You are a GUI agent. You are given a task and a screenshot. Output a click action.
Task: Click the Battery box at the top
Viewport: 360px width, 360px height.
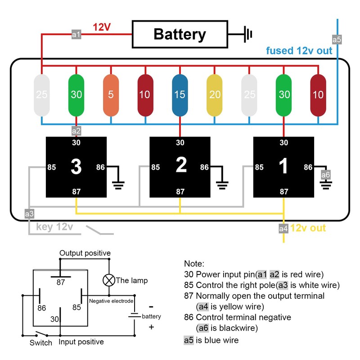click(x=180, y=34)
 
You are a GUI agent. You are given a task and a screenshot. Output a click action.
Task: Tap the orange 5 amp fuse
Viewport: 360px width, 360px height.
click(x=111, y=95)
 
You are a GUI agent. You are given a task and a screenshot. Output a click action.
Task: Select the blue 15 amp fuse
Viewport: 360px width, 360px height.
click(x=180, y=95)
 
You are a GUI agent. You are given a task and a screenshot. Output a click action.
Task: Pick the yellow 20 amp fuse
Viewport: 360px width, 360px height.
click(x=214, y=95)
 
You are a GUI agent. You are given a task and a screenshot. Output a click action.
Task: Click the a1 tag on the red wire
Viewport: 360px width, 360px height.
click(x=76, y=34)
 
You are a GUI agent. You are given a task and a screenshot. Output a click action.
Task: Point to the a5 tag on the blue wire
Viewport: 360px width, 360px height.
click(x=337, y=40)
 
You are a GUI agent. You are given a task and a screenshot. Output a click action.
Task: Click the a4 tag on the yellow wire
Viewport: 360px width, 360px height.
click(x=283, y=229)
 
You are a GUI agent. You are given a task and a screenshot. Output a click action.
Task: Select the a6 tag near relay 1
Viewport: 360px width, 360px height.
click(x=325, y=175)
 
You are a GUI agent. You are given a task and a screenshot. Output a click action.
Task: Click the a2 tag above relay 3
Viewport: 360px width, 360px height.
click(x=76, y=131)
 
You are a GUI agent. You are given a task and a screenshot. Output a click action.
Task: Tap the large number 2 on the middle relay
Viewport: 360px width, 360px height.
click(x=180, y=166)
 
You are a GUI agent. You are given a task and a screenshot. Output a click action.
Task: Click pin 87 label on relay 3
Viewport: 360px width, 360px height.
click(x=76, y=192)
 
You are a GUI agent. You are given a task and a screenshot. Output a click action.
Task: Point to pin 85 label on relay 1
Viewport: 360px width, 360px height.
click(x=259, y=167)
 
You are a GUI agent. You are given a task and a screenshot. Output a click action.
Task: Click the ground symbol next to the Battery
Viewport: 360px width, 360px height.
click(x=247, y=34)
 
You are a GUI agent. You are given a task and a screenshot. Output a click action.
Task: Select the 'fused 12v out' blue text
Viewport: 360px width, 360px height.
click(x=299, y=50)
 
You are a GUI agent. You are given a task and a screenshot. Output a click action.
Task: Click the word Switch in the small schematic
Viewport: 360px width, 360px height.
click(x=41, y=342)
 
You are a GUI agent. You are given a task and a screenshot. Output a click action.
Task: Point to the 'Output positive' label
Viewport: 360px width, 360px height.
click(x=85, y=253)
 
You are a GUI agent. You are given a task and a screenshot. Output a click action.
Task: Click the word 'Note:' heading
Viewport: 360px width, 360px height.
click(x=194, y=264)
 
